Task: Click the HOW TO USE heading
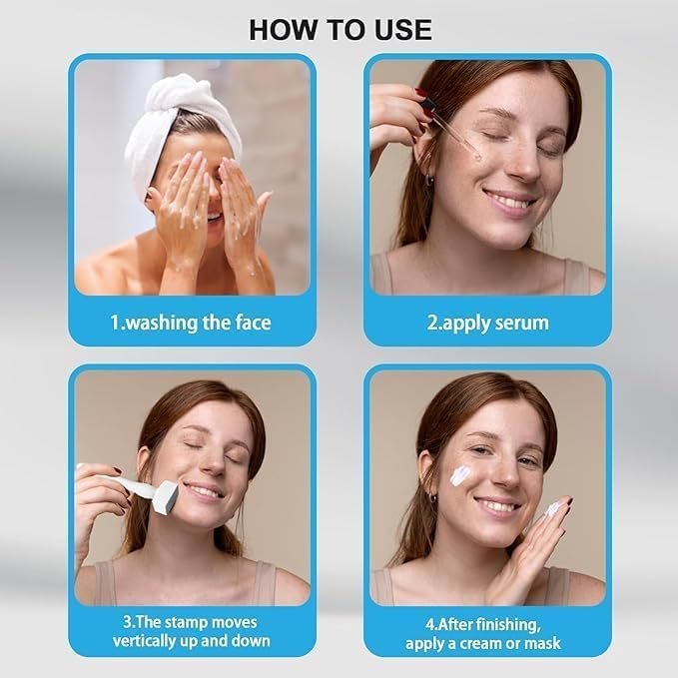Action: [x=340, y=30]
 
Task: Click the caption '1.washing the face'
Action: [x=191, y=323]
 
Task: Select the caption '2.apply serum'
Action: [x=487, y=324]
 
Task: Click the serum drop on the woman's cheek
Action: [x=476, y=158]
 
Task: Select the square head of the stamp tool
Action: [x=165, y=497]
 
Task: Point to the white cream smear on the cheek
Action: [x=461, y=474]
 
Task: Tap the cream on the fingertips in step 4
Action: [x=552, y=509]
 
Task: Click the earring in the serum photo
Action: [x=429, y=179]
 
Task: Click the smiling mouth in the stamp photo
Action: [x=204, y=490]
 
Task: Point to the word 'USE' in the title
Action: [x=403, y=30]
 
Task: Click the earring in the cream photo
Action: [x=433, y=497]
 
